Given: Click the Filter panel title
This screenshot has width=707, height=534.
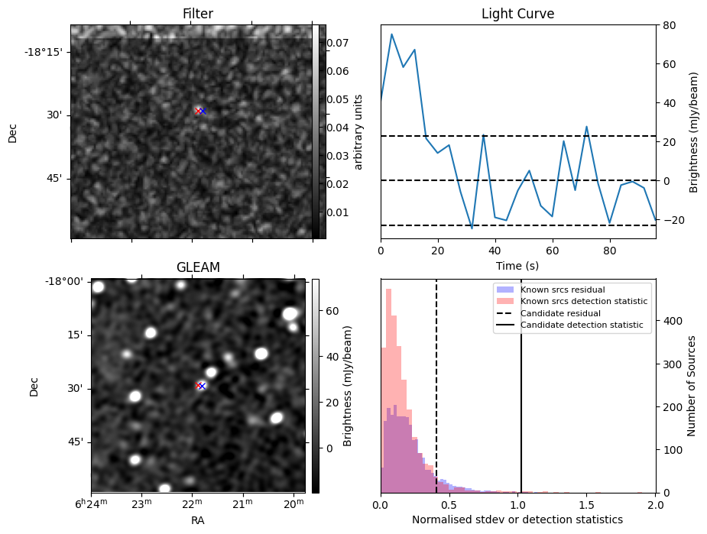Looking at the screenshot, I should [x=197, y=14].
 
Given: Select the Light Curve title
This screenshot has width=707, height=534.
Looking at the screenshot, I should [x=517, y=14].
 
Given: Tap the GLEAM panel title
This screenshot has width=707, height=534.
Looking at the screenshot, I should [x=197, y=267].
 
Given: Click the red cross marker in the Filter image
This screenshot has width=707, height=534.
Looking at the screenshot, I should [x=198, y=111].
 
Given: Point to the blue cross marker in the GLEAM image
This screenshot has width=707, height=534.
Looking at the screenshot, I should [x=203, y=386].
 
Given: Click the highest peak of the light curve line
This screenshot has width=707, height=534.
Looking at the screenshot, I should [x=392, y=34].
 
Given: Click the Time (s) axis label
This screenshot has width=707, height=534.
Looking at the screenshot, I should [x=517, y=264].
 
